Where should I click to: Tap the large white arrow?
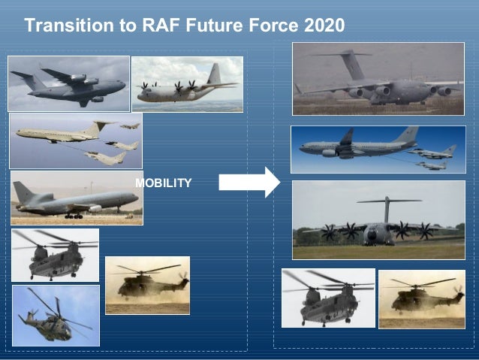pos(249,182)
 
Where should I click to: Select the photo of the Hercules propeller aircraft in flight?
pos(187,83)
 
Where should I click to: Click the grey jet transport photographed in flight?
pos(68,84)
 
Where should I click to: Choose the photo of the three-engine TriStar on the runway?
pos(76,198)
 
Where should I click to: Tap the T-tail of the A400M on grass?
pos(388,201)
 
